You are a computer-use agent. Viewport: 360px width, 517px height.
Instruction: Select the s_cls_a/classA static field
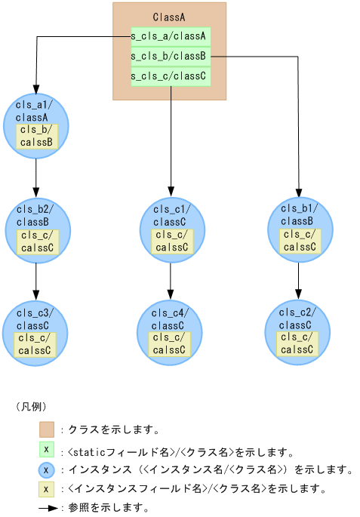169,35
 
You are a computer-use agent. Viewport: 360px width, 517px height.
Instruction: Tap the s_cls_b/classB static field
169,56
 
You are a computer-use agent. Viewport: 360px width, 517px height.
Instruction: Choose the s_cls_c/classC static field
169,76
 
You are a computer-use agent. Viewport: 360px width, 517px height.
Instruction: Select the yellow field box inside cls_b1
300,240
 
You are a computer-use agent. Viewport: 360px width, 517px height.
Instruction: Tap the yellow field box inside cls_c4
170,343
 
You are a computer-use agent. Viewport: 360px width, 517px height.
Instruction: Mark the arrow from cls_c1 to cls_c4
171,281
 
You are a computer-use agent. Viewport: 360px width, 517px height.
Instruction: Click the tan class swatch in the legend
48,429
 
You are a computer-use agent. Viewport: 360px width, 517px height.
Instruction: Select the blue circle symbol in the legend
47,469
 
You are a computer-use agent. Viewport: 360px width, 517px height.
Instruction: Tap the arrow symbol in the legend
48,508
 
